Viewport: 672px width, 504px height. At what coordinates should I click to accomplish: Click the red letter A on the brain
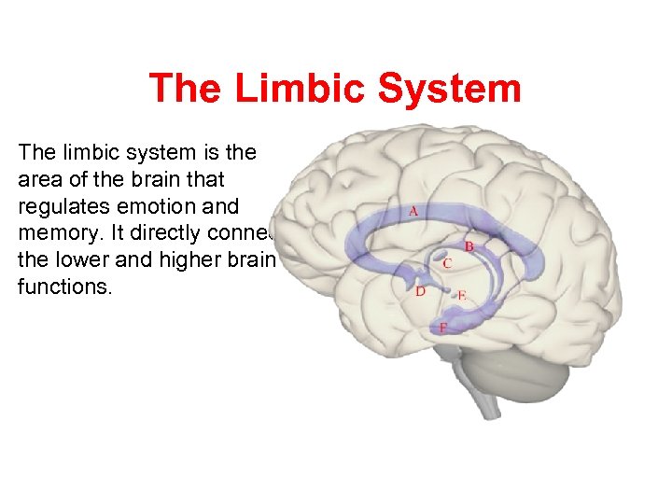[x=413, y=211]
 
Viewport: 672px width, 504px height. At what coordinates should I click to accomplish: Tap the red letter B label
[x=469, y=246]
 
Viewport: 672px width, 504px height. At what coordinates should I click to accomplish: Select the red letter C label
[x=448, y=263]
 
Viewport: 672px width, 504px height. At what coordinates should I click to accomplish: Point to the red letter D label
[x=421, y=292]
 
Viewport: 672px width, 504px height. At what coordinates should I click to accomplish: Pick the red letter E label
[x=461, y=296]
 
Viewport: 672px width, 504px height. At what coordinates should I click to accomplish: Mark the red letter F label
[x=442, y=328]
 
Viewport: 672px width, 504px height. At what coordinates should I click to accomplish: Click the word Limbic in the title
[x=301, y=89]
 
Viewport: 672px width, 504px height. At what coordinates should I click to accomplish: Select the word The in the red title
[x=185, y=89]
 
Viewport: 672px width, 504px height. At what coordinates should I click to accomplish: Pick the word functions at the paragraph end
[x=64, y=286]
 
